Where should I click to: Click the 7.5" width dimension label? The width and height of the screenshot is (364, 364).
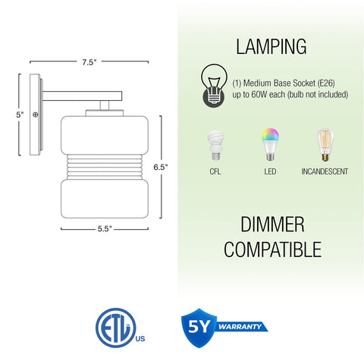(89, 62)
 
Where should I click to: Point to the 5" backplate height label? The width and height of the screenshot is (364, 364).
(20, 115)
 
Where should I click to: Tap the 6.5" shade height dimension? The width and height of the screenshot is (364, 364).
(161, 167)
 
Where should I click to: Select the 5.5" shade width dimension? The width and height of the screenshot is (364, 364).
(105, 229)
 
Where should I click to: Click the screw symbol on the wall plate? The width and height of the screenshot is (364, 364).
(36, 115)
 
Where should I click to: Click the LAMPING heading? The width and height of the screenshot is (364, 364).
(271, 47)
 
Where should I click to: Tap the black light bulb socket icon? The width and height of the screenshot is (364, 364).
(214, 86)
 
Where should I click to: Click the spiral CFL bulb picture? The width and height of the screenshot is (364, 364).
(215, 146)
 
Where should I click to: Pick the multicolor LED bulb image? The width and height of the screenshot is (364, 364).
(270, 144)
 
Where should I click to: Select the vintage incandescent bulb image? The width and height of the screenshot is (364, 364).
(325, 145)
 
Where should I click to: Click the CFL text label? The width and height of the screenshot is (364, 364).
(215, 171)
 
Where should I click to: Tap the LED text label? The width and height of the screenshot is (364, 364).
(270, 171)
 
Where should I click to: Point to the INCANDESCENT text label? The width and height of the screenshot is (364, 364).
(325, 171)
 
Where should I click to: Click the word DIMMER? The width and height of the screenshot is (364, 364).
(272, 224)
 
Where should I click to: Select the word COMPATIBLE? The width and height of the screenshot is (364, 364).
(272, 249)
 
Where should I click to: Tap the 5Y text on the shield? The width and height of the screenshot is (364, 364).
(199, 327)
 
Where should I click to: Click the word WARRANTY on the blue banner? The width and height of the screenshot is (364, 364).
(240, 327)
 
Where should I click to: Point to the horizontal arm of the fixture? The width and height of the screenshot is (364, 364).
(82, 96)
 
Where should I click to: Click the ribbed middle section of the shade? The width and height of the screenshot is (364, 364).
(105, 167)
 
